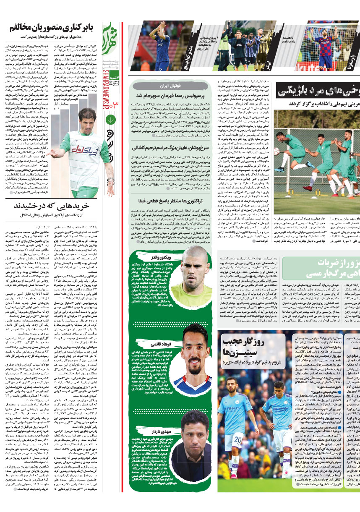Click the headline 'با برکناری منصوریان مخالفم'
pyautogui.click(x=50, y=29)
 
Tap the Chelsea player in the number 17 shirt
pyautogui.click(x=162, y=47)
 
